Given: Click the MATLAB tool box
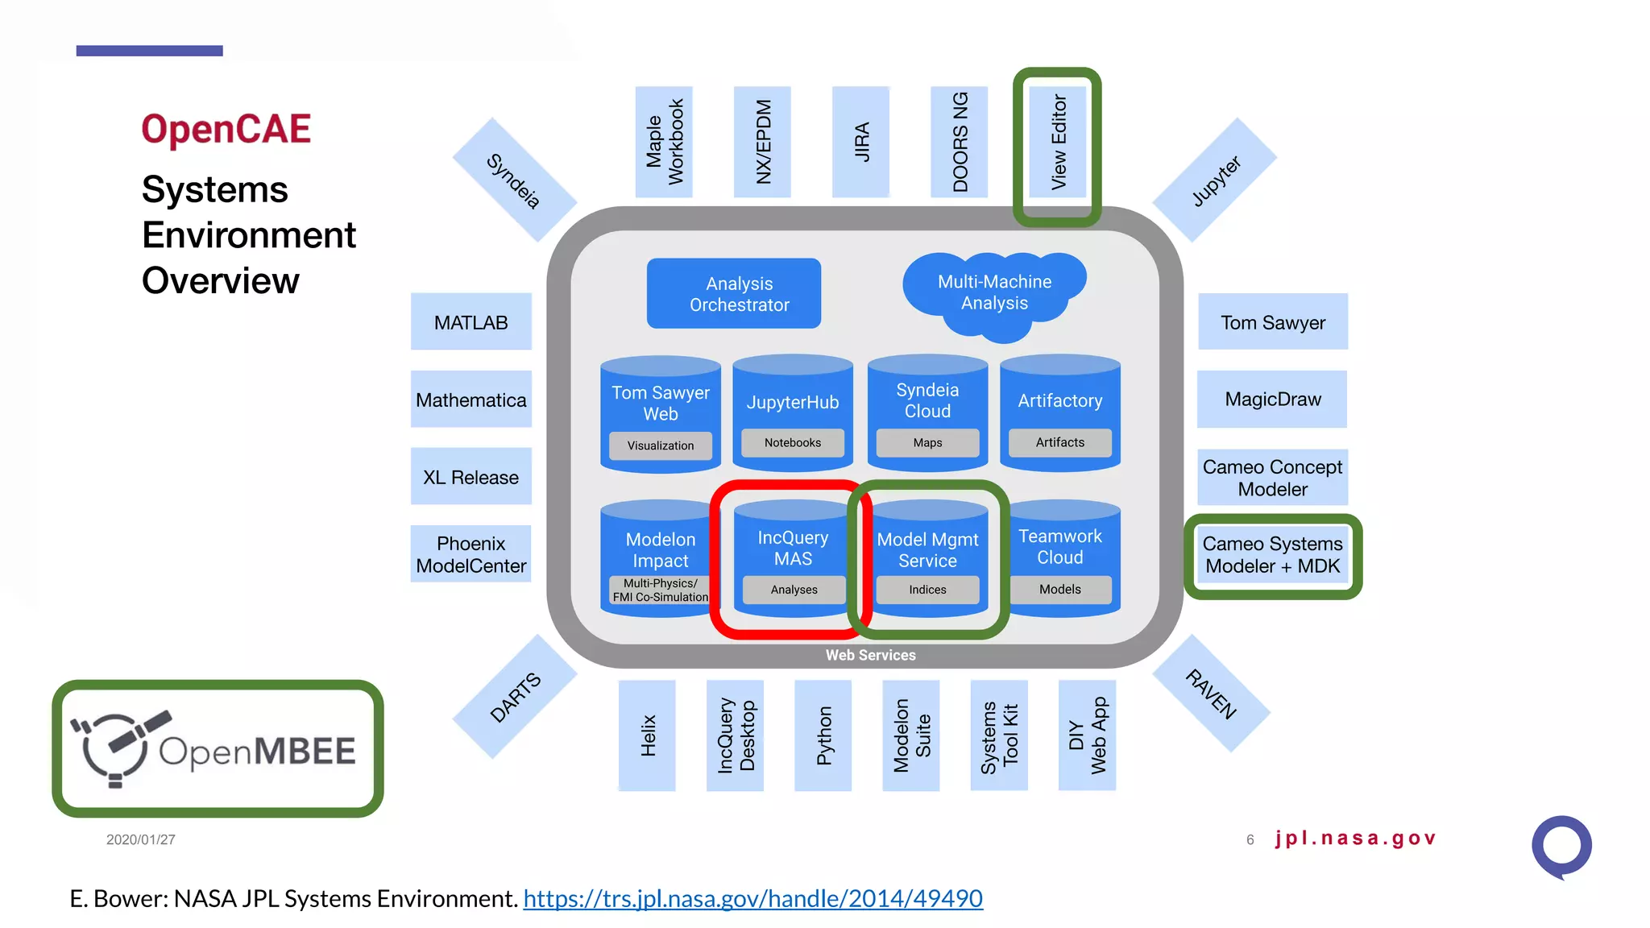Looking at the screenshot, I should coord(471,322).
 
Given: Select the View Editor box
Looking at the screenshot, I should coord(1058,143).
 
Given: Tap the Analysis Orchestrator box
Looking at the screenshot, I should coord(734,294).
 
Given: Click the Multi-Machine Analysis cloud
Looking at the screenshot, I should coord(994,292).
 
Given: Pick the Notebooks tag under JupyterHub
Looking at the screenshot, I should coord(793,443).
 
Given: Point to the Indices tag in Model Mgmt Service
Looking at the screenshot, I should coord(927,590).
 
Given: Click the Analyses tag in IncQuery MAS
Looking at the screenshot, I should coord(794,590).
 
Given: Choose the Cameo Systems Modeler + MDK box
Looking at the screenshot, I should coord(1272,555).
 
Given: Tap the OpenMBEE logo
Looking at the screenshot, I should coord(218,749).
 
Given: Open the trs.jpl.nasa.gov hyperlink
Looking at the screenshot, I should coord(752,898).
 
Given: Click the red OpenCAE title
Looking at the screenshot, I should coord(226,130).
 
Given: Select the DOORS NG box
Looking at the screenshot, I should coord(960,143).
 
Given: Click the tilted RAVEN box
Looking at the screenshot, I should coord(1211,694).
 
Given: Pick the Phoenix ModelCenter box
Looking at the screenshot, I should coord(471,554).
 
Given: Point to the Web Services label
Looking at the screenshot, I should coord(870,656).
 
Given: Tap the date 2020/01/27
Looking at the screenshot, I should coord(141,839).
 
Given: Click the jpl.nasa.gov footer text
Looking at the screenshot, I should coord(1355,839).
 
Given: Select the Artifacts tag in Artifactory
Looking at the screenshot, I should coord(1059,442).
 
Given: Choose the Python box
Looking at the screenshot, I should coord(823,735).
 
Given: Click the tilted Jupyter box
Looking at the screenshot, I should coord(1215,180).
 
